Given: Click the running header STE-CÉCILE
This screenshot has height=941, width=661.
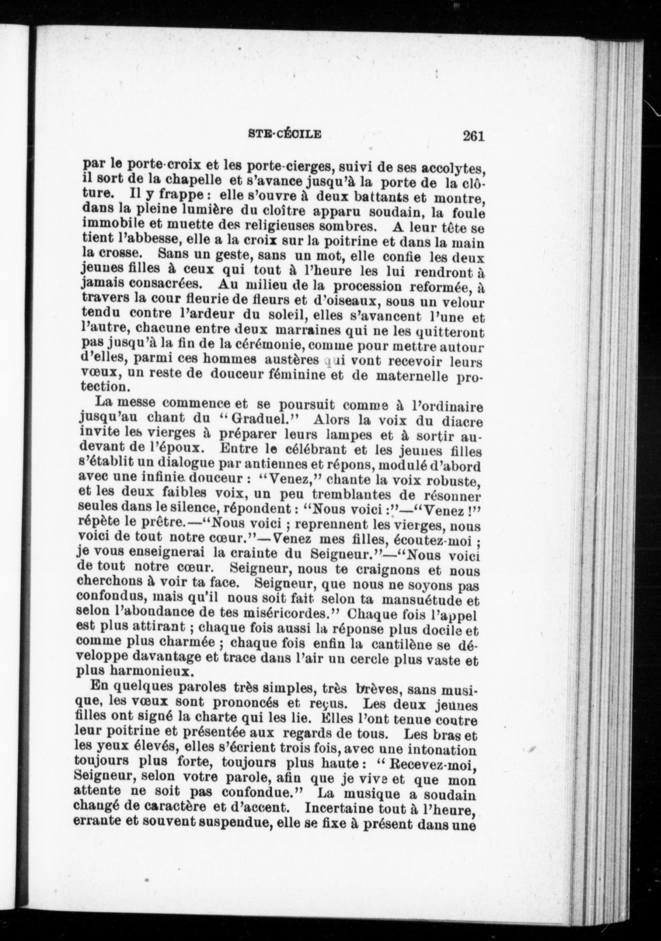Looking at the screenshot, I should (x=285, y=134).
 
